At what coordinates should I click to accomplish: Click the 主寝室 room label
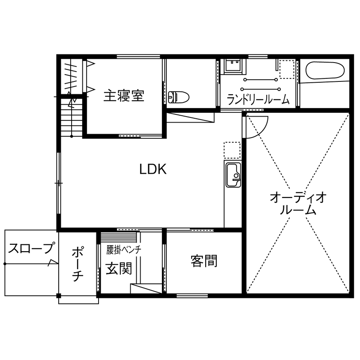[x=123, y=95]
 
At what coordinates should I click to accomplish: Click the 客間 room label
[x=204, y=261]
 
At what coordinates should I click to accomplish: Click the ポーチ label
[x=77, y=263]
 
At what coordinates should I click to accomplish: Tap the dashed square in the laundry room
[x=287, y=69]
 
